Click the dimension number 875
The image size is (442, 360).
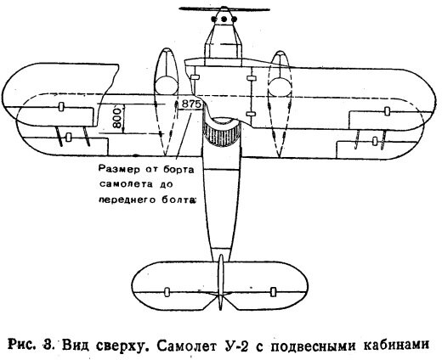tap(191, 104)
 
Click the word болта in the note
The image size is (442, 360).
tap(178, 200)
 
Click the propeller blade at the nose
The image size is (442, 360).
tap(224, 9)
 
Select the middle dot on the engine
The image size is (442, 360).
tap(224, 20)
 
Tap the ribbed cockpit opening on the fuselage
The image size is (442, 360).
tap(222, 133)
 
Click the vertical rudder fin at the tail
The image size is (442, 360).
tap(221, 282)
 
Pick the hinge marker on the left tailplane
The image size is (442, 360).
tap(167, 291)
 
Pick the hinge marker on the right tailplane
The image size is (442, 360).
tap(273, 292)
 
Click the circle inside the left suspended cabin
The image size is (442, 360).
tap(167, 86)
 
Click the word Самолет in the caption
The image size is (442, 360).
tap(186, 346)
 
